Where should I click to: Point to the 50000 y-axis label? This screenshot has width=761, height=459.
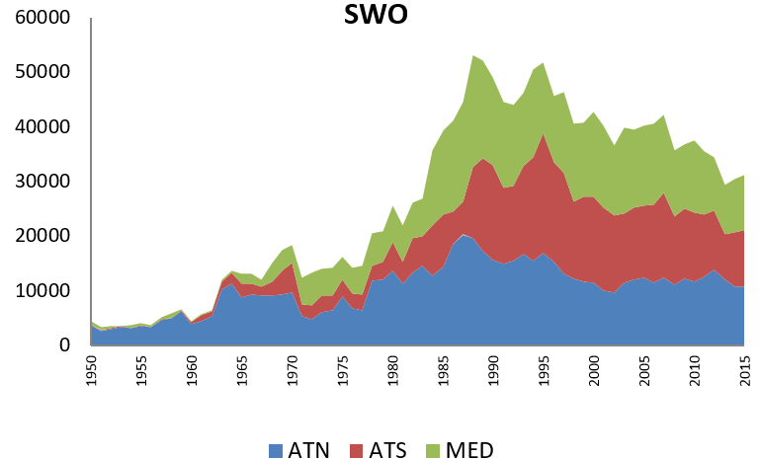[41, 73]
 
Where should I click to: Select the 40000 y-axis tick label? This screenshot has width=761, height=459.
[41, 127]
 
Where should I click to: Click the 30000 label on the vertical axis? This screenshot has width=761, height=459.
[41, 182]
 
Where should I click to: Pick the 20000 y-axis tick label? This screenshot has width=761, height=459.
[41, 236]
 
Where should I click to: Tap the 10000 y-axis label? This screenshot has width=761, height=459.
[41, 291]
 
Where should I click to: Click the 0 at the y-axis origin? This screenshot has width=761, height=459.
[66, 345]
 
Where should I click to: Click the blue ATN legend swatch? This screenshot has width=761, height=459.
[277, 449]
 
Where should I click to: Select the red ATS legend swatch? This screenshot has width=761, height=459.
[360, 449]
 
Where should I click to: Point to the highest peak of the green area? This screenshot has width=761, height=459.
[473, 56]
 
